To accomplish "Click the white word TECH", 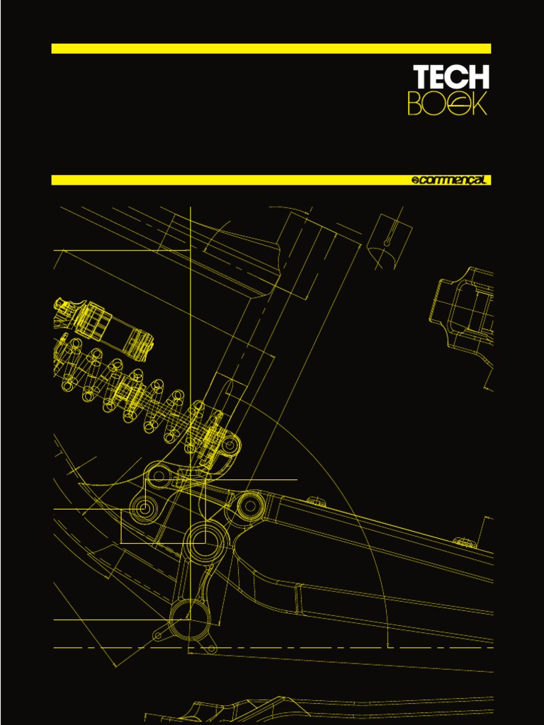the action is [x=451, y=77].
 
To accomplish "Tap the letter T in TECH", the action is [x=422, y=77].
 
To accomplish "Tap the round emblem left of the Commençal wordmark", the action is [x=416, y=181].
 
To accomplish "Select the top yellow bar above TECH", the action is [x=271, y=48].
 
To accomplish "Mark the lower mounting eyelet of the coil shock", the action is [x=229, y=446].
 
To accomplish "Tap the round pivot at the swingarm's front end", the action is [x=250, y=506].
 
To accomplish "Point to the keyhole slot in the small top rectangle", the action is [x=387, y=237].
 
